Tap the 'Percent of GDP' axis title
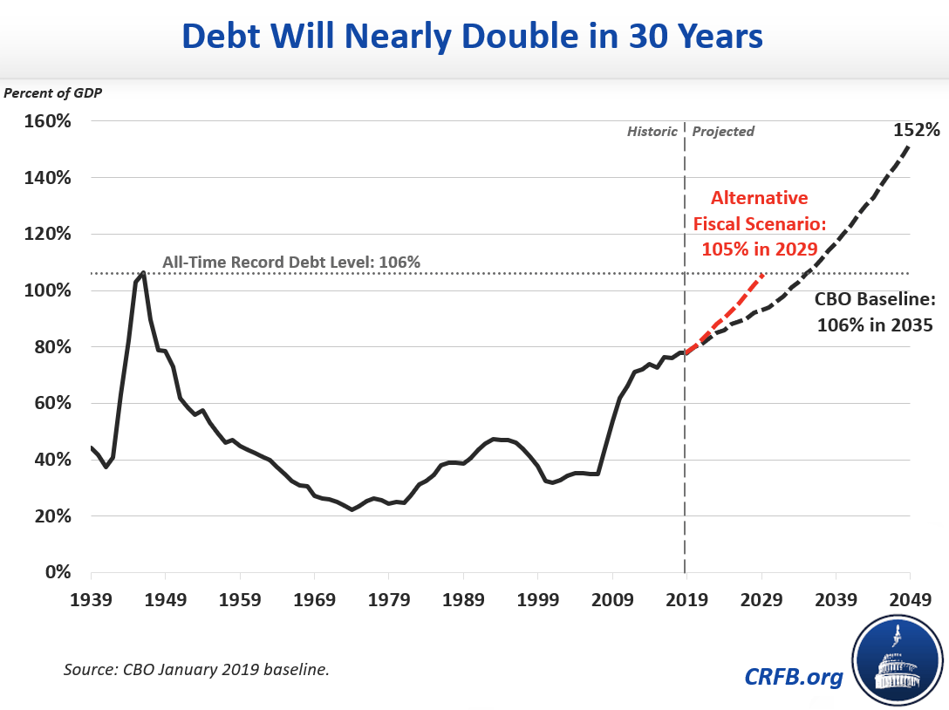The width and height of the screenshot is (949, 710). click(53, 92)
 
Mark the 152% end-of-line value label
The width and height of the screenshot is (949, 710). click(916, 131)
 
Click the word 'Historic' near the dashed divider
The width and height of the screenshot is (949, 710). click(652, 132)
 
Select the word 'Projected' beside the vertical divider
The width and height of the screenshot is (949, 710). click(723, 132)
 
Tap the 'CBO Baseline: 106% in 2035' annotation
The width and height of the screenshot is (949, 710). click(875, 312)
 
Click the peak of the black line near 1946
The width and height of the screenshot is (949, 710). click(143, 272)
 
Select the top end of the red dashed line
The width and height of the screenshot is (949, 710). click(763, 275)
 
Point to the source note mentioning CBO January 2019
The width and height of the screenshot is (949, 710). click(195, 669)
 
